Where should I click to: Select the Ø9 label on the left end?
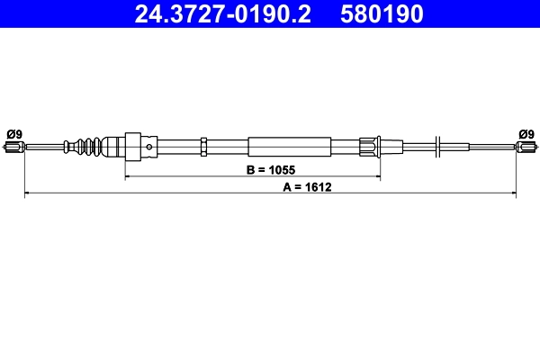coord(14,134)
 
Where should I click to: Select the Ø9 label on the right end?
coord(526,134)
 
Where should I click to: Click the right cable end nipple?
coord(526,148)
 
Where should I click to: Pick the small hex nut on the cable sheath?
coord(205,146)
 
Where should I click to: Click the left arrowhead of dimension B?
coord(127,176)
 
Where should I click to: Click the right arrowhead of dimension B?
coord(377,176)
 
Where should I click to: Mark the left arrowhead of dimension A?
coord(26,193)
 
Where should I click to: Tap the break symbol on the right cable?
coord(436,146)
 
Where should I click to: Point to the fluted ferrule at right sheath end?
coord(369,146)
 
